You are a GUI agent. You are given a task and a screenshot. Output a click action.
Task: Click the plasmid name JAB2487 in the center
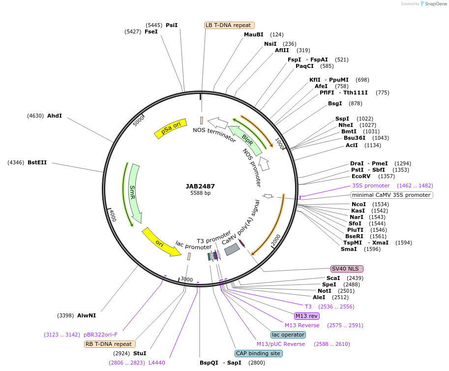[200, 186]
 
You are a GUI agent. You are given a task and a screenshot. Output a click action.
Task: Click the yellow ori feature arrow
[161, 241]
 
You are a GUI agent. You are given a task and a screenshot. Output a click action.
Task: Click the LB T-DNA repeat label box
[229, 25]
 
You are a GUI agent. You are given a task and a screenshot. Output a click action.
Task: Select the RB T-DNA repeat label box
[110, 344]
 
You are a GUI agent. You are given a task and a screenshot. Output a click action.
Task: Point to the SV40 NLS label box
[347, 269]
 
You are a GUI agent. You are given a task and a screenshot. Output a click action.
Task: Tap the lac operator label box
[288, 335]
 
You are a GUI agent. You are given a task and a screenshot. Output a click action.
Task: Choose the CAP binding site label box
[259, 353]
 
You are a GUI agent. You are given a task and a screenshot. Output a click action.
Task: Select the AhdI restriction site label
[55, 116]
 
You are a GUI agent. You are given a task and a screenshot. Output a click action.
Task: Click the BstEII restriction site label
[37, 162]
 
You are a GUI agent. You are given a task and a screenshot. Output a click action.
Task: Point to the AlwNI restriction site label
[86, 315]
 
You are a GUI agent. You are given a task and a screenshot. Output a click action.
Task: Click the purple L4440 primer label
[157, 363]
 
